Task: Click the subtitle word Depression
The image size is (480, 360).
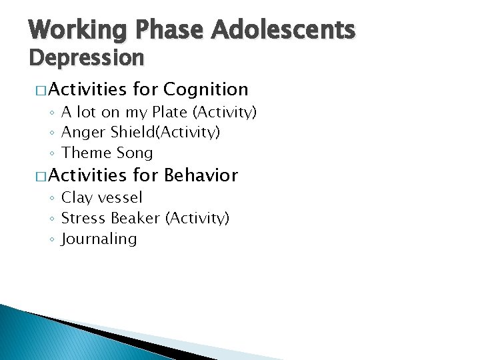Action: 86,58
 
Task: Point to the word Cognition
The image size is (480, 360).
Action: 205,89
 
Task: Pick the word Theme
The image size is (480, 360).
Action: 85,153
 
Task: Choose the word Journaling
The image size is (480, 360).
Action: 99,239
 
